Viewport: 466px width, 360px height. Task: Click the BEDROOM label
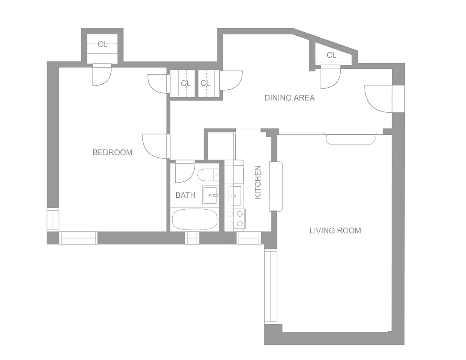[112, 152]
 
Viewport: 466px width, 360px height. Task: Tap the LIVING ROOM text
[335, 231]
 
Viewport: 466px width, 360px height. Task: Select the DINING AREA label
[290, 98]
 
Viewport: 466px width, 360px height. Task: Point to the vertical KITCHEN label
[258, 182]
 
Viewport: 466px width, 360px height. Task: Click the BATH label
[185, 195]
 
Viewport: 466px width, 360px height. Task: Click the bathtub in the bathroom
[195, 219]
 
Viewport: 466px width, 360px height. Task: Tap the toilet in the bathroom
[208, 175]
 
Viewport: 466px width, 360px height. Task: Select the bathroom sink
[210, 195]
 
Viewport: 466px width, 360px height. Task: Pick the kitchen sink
[235, 196]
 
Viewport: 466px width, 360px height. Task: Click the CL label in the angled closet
[331, 55]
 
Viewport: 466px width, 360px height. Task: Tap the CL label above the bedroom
[103, 44]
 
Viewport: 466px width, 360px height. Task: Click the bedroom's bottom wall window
[78, 238]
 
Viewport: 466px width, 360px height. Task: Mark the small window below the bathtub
[192, 238]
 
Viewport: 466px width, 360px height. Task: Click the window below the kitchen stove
[249, 238]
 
